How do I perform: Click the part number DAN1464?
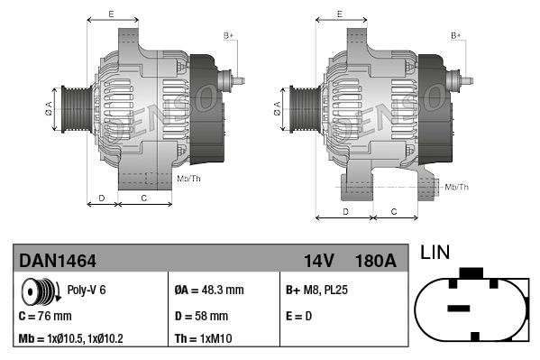(x=58, y=261)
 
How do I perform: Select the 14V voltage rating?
(x=319, y=261)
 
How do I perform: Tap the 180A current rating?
(x=376, y=261)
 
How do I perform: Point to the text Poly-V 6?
(x=87, y=291)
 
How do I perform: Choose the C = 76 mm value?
(x=46, y=316)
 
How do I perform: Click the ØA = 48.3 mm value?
(x=208, y=291)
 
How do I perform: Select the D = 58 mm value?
(x=201, y=316)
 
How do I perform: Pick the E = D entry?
(x=301, y=316)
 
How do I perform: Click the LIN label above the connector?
(x=435, y=254)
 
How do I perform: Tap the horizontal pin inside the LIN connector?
(x=459, y=308)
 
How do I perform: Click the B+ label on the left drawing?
(x=228, y=35)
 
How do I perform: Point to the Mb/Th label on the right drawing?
(x=457, y=187)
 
